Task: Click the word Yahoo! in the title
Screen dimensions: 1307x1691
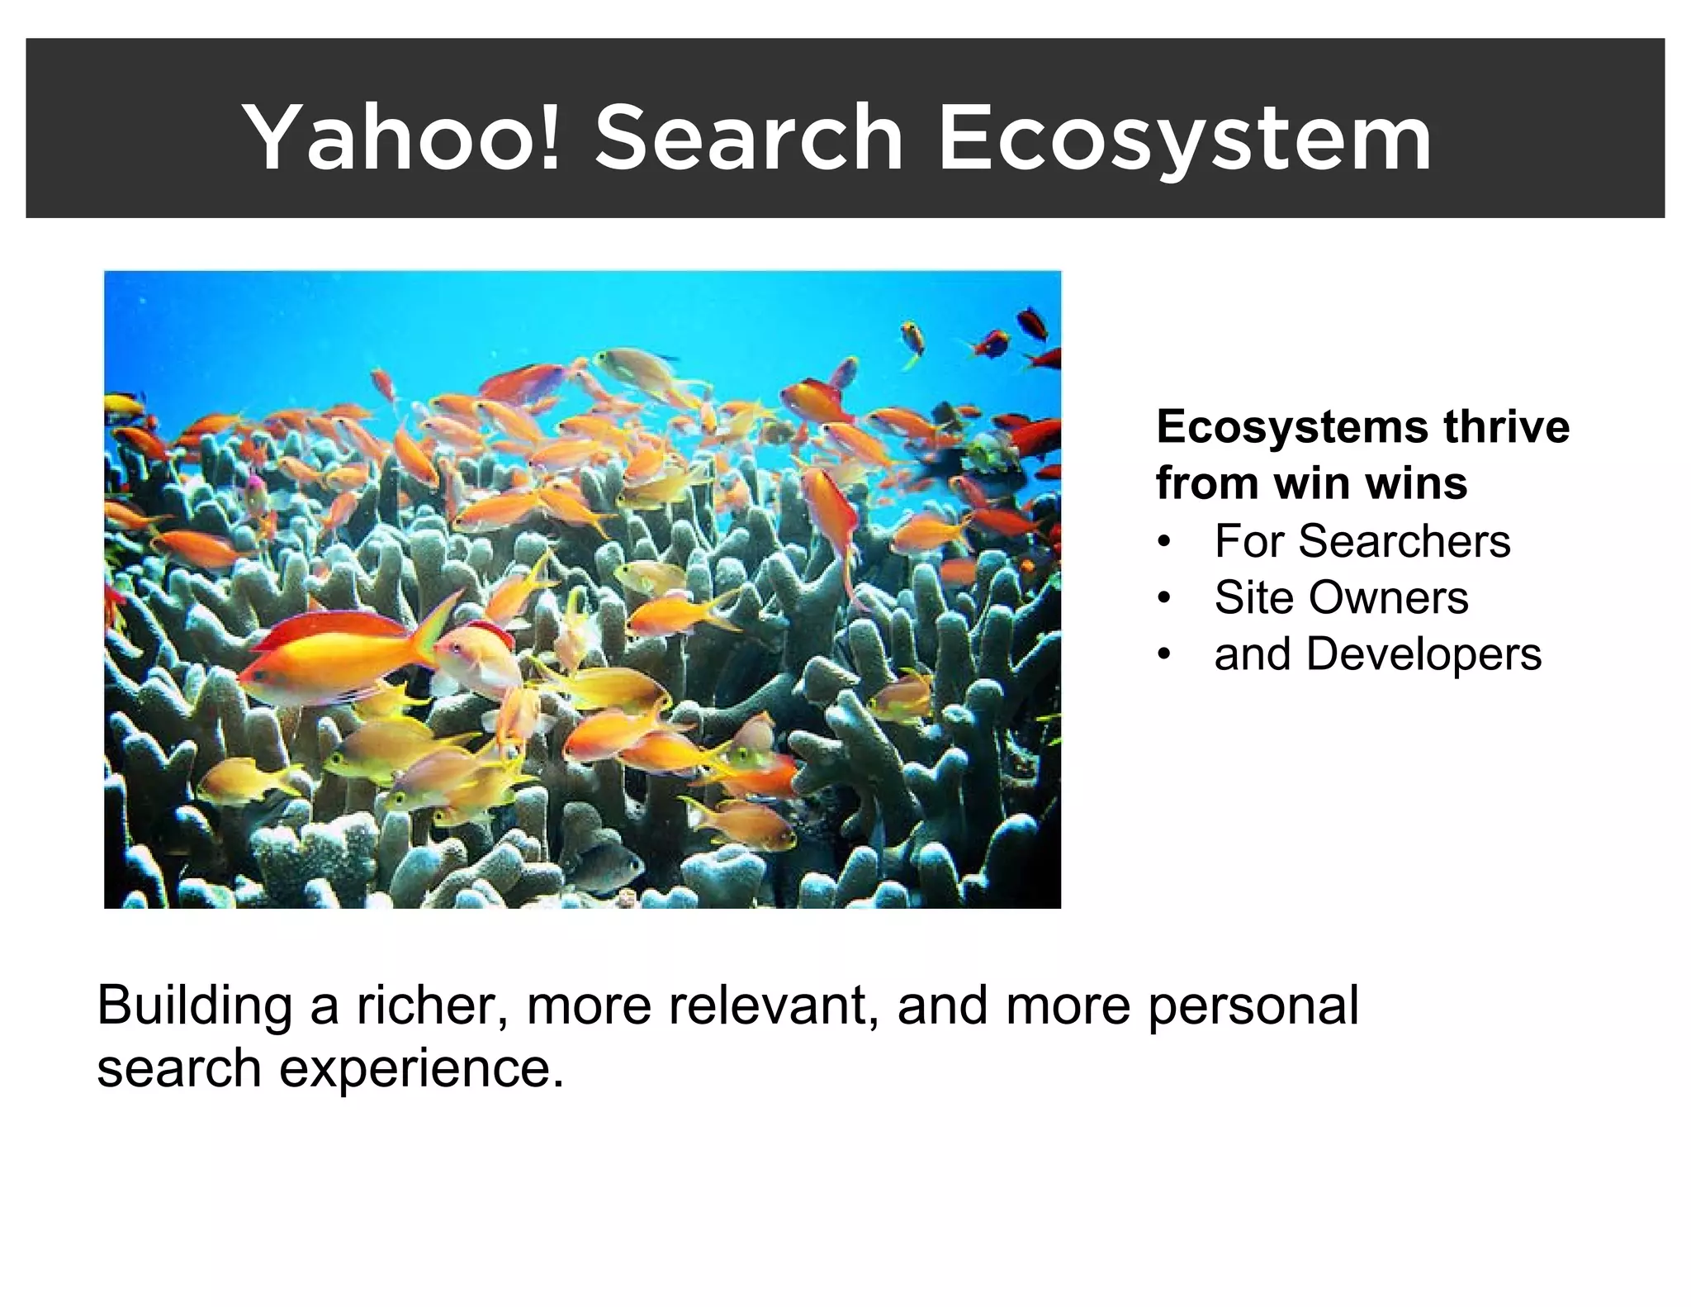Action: [405, 137]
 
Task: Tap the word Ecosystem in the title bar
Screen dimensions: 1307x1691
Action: [1185, 137]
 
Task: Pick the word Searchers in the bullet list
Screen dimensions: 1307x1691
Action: [1403, 541]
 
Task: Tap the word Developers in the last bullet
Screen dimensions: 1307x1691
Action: [1423, 654]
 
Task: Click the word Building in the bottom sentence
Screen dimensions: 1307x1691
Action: [195, 1005]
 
